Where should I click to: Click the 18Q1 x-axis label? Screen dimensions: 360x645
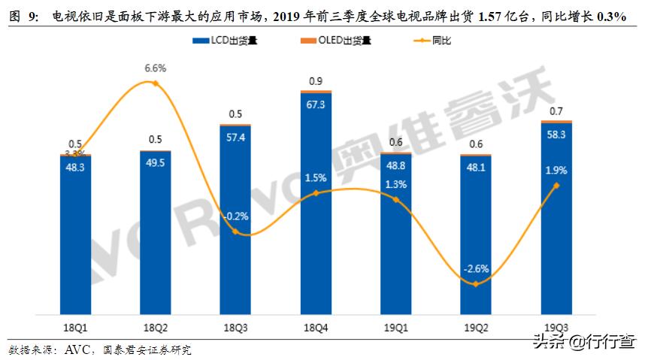pyautogui.click(x=75, y=327)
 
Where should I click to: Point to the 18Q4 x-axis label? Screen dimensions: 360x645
pyautogui.click(x=316, y=327)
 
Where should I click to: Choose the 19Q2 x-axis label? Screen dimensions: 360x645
pyautogui.click(x=476, y=327)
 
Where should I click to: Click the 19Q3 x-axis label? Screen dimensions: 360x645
pyautogui.click(x=556, y=327)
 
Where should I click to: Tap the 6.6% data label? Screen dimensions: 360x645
pyautogui.click(x=156, y=68)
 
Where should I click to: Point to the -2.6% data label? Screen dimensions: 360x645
pyautogui.click(x=476, y=268)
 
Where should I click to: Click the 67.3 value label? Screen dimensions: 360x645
pyautogui.click(x=316, y=105)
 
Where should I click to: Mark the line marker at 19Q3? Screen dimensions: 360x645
pyautogui.click(x=556, y=185)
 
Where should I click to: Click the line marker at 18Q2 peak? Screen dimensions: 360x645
pyautogui.click(x=156, y=83)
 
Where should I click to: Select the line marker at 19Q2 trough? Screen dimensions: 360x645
pyautogui.click(x=476, y=283)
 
